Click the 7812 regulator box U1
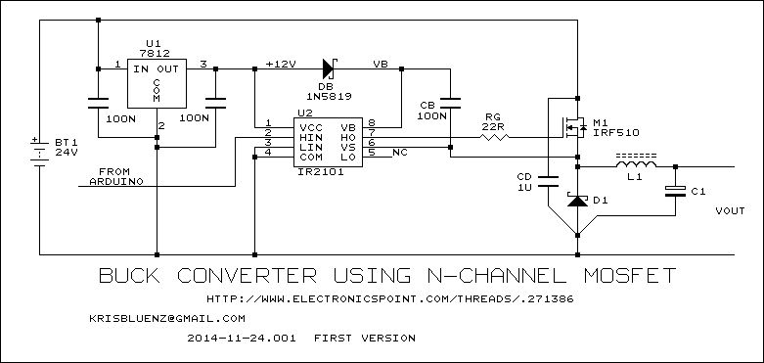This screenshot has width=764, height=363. click(157, 83)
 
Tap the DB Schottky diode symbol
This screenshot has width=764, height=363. click(330, 68)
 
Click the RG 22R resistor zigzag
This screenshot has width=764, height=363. click(495, 137)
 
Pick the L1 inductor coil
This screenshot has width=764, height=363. click(636, 164)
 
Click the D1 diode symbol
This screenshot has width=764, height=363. click(577, 200)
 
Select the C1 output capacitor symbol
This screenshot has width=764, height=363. click(675, 192)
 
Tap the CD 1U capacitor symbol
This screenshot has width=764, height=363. click(548, 181)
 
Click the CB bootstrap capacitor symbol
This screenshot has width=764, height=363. click(450, 104)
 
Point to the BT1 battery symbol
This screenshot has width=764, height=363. click(39, 152)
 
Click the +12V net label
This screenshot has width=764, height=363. click(281, 64)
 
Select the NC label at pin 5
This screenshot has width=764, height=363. click(400, 153)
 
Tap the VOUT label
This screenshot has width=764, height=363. click(730, 211)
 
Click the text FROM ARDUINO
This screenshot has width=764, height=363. click(117, 176)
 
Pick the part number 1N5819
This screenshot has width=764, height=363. click(330, 97)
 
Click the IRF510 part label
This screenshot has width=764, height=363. click(616, 132)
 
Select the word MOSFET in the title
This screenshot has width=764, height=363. click(630, 275)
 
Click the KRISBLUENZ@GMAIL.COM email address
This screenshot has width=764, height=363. click(167, 318)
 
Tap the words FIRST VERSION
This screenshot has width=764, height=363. click(365, 338)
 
